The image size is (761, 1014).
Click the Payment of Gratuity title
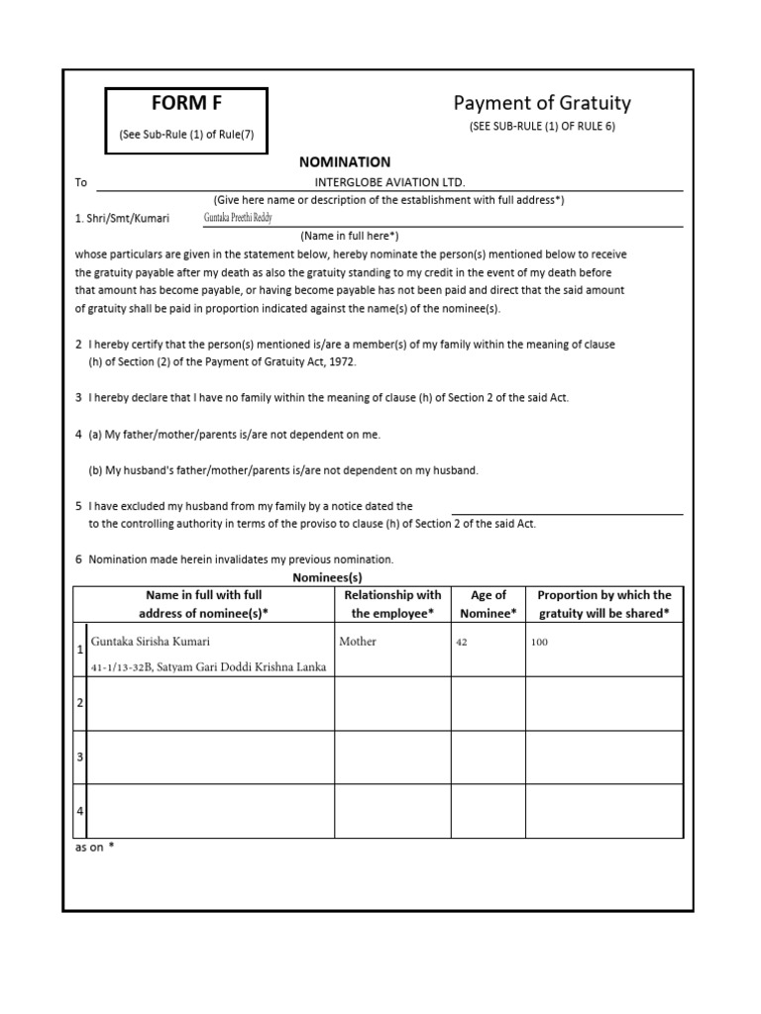542,103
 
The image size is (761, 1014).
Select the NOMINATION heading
345,161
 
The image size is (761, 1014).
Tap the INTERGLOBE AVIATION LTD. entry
388,182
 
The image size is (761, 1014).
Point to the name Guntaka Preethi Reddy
238,217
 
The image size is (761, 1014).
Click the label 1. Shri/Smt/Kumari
122,218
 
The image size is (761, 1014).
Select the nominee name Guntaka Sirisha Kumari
151,642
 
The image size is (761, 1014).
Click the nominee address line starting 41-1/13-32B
208,666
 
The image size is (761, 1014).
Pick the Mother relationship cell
358,642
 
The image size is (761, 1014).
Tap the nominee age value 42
461,643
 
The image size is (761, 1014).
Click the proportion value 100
539,643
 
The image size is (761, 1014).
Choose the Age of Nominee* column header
488,604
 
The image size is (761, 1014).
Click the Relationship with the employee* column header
392,604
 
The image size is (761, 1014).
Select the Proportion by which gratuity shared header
603,604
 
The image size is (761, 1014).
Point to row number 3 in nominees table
79,758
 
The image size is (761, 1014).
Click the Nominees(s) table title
327,576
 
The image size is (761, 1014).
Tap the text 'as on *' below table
95,848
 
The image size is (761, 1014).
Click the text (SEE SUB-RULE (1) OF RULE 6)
542,126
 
